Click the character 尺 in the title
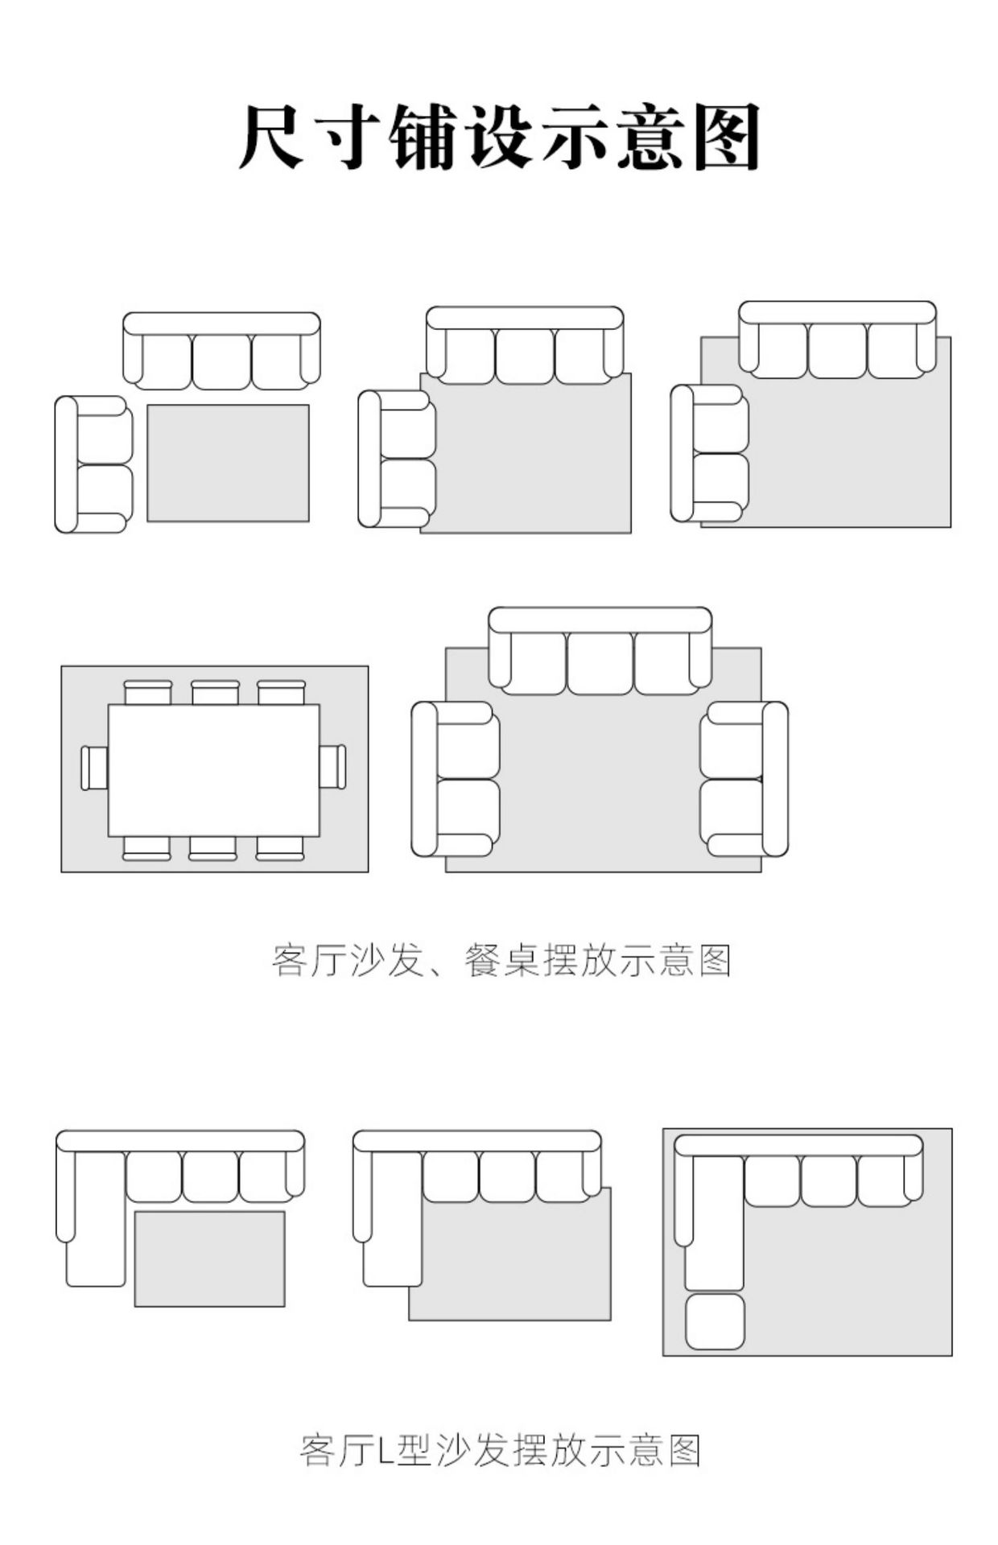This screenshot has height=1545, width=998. [270, 137]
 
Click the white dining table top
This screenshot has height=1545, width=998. [213, 770]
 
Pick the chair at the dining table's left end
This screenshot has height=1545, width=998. [94, 768]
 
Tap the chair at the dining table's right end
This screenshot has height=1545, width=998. [332, 767]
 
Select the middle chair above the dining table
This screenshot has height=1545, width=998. [215, 692]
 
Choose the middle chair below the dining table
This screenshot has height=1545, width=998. [212, 848]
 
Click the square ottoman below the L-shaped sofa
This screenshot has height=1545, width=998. [715, 1321]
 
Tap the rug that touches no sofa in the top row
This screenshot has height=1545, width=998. [228, 463]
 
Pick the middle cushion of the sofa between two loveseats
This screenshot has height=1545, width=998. [600, 662]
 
